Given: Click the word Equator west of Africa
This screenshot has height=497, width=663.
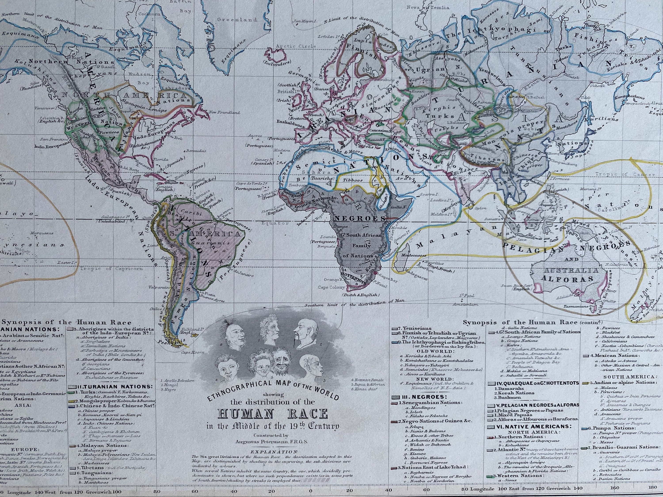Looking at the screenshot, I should pyautogui.click(x=275, y=223).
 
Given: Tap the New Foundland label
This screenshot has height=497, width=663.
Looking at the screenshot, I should pyautogui.click(x=225, y=113).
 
